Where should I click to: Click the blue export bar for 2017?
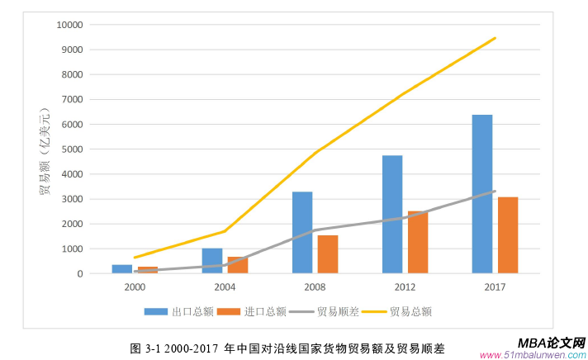coord(482,194)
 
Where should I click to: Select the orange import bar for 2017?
coord(507,235)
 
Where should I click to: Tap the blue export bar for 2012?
coord(392,214)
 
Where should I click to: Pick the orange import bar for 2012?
coord(418,242)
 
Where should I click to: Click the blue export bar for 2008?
coord(302,232)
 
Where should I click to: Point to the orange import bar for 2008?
coord(328,254)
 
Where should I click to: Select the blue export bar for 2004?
coord(212,261)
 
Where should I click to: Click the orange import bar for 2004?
coord(238,265)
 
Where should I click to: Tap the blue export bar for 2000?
coord(122,269)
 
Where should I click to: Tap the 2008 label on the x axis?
coord(315,287)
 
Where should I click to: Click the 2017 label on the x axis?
coord(495,287)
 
